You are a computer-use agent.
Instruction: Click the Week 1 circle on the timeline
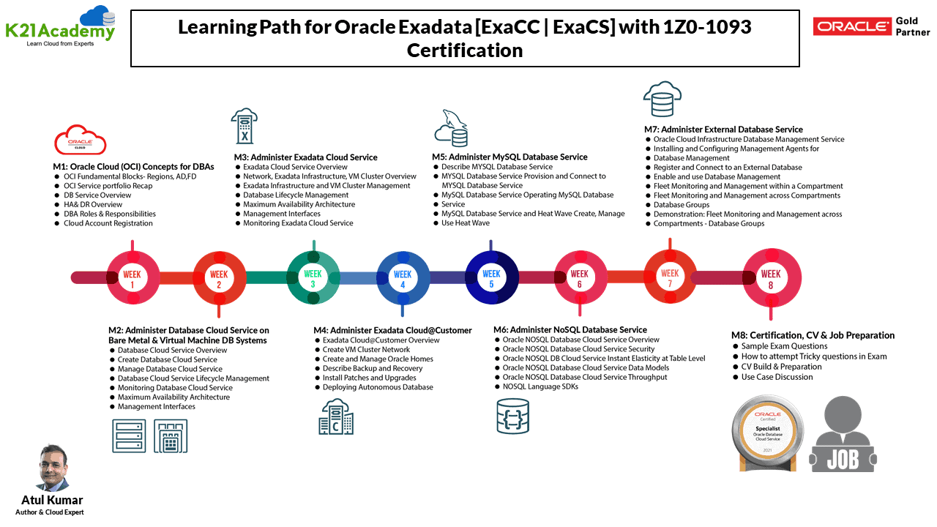132,277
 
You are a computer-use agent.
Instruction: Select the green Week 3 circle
313,277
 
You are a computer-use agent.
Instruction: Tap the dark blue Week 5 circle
491,277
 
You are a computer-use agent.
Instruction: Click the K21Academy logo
60,26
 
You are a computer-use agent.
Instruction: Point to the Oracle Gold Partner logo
871,27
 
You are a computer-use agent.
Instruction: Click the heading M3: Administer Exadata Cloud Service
305,157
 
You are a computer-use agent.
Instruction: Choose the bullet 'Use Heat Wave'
465,223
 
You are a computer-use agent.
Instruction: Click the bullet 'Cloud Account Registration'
108,223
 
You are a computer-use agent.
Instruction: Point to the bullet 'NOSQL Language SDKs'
540,386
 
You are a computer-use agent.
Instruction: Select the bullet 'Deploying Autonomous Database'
378,387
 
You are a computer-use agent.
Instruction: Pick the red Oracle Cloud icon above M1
81,141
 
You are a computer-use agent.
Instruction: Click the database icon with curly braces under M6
512,416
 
